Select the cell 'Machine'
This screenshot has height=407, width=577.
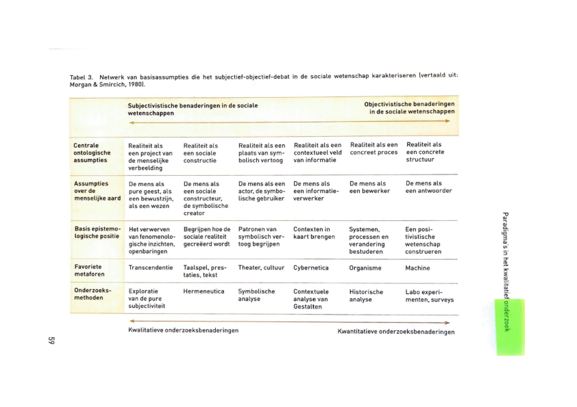417,268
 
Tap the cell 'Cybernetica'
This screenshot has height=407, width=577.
312,268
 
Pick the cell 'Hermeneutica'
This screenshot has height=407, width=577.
204,291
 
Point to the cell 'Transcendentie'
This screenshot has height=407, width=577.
151,267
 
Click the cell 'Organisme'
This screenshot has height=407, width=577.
365,268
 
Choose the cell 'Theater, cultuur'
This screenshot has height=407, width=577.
261,267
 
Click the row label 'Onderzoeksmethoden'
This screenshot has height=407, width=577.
92,294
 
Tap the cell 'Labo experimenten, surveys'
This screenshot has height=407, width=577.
429,295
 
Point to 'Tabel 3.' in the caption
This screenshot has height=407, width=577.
82,77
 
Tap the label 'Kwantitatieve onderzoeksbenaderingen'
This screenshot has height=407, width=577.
395,332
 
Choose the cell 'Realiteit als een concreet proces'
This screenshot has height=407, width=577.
373,148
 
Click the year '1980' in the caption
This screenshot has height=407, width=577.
136,85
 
